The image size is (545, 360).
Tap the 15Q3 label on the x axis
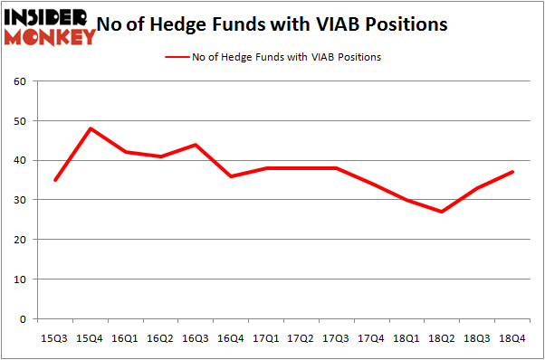55,338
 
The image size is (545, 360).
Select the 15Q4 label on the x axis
91,338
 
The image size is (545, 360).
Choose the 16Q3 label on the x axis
195,338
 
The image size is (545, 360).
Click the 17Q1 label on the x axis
264,338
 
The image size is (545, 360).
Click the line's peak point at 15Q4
91,128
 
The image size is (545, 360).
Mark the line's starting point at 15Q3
55,180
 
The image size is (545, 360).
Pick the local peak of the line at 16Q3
195,145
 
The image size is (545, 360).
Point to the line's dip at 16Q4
230,176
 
